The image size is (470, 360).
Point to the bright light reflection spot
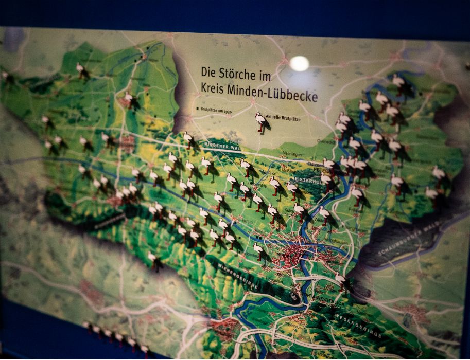pos(299,63)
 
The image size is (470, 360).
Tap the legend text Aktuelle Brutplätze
pos(283,118)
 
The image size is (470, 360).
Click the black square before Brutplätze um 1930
pos(197,109)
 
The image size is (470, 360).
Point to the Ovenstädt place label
pos(325,140)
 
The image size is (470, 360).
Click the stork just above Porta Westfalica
pos(340,280)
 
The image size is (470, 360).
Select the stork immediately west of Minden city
pos(258,250)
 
